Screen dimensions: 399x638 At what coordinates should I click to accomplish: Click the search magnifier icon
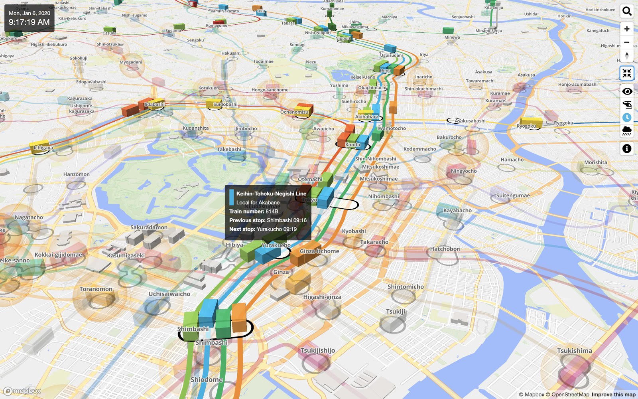coord(627,11)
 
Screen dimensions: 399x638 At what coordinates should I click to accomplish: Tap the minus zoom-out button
coord(627,42)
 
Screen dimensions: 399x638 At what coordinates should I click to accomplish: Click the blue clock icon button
coord(627,117)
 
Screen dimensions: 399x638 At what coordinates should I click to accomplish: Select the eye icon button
coord(627,91)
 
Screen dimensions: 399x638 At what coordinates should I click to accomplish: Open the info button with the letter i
coord(627,149)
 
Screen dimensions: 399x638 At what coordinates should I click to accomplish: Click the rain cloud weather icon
coord(627,130)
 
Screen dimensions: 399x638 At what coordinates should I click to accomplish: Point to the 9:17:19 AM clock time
coord(29,22)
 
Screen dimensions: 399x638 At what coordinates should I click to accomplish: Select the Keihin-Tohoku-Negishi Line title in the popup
coord(271,194)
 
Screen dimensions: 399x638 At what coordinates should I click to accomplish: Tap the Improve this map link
coord(613,395)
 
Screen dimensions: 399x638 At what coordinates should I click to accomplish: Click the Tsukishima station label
coord(574,351)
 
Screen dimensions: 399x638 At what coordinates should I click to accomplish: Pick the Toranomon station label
coord(96,289)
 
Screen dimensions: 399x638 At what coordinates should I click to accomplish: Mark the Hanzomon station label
coord(76,174)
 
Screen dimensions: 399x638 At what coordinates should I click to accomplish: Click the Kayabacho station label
coord(457,211)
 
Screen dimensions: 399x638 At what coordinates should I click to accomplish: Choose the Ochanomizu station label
coord(294,112)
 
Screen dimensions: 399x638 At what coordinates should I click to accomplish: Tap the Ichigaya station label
coord(43,148)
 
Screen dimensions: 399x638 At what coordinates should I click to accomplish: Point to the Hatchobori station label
coord(445,249)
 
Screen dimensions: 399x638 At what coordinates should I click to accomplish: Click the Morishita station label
coord(595,162)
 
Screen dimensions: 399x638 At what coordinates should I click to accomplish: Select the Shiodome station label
coord(207,379)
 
